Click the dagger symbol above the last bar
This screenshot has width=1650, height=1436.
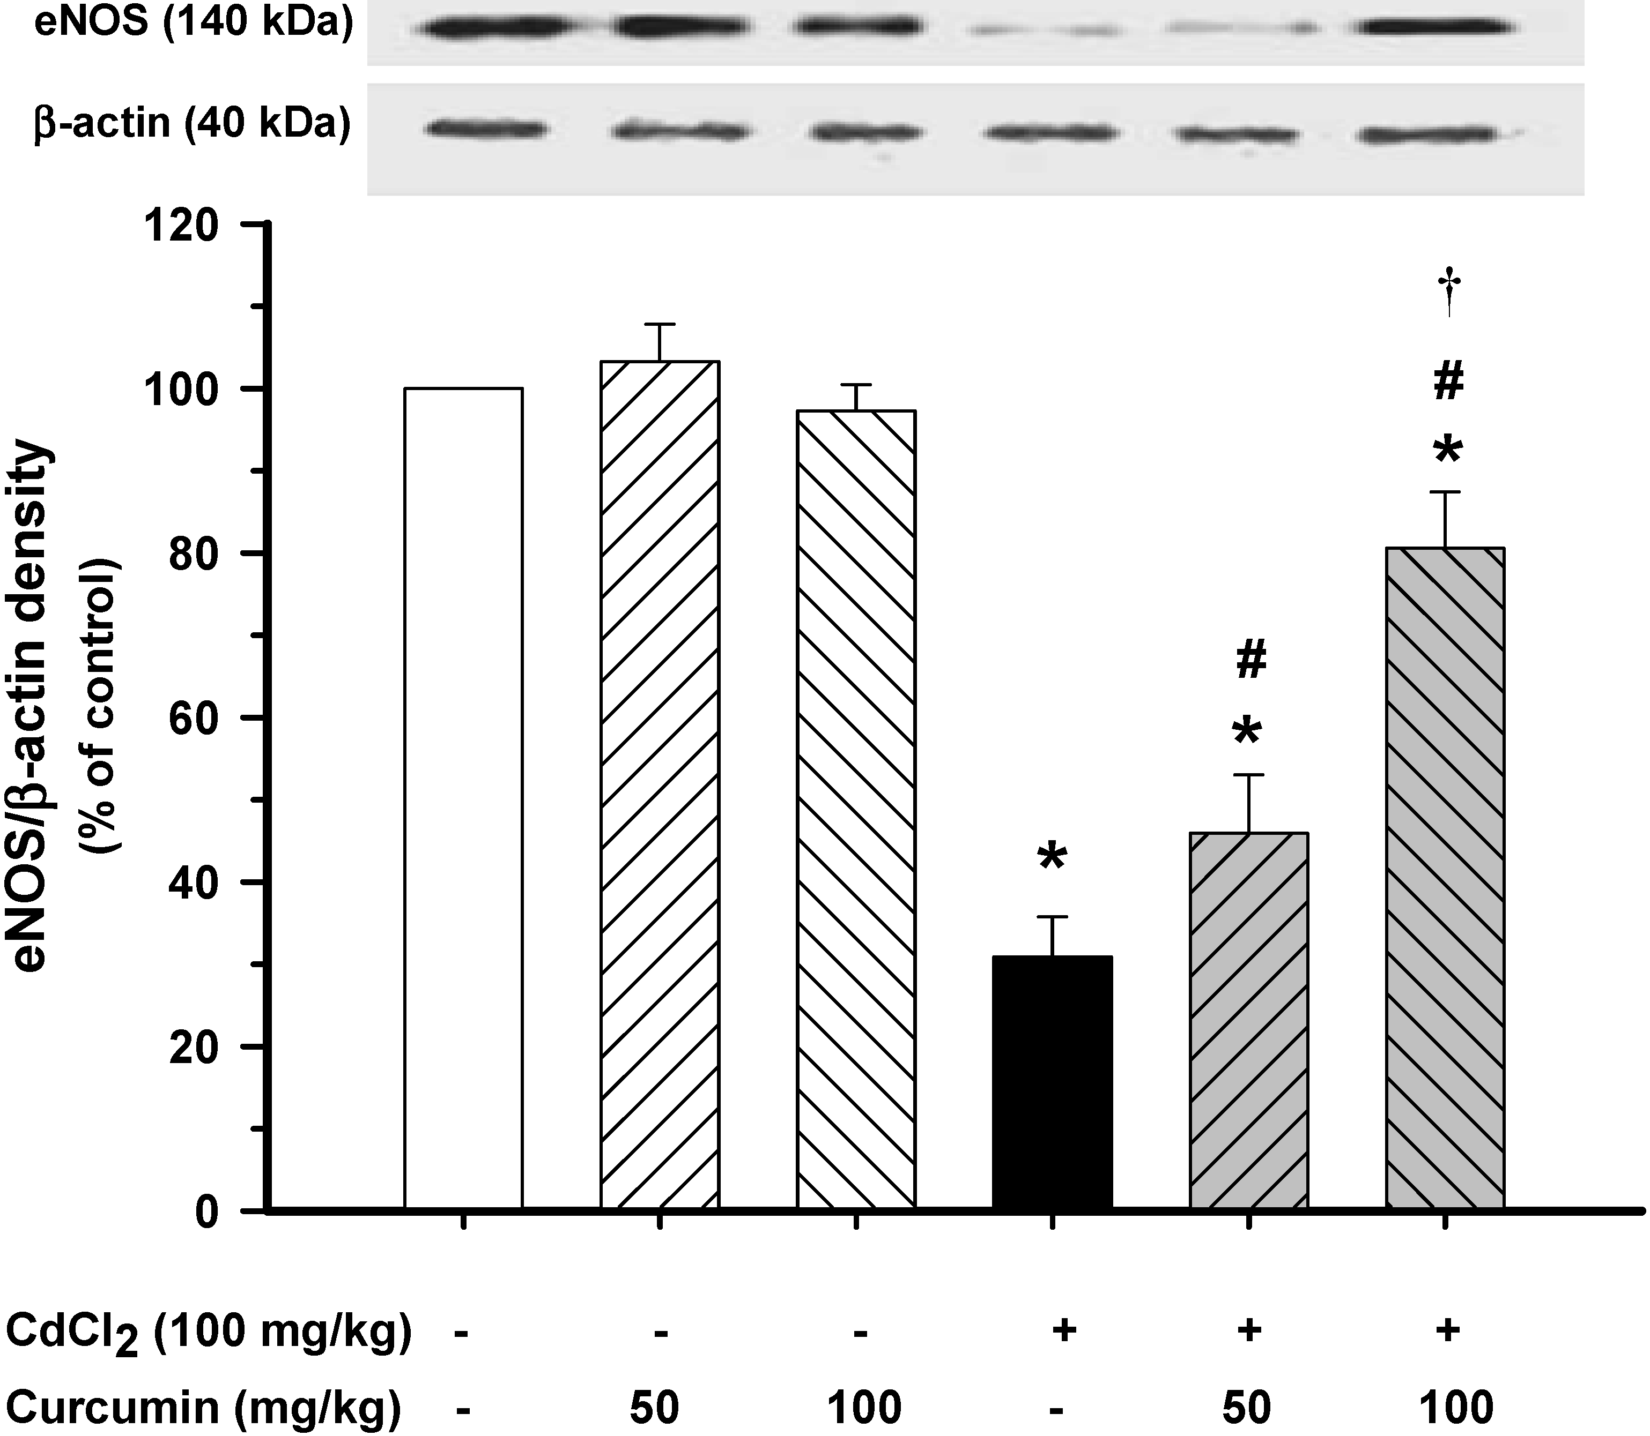[1449, 293]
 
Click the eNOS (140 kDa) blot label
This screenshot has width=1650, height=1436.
[193, 24]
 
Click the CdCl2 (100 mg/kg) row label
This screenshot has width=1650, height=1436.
[209, 1332]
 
